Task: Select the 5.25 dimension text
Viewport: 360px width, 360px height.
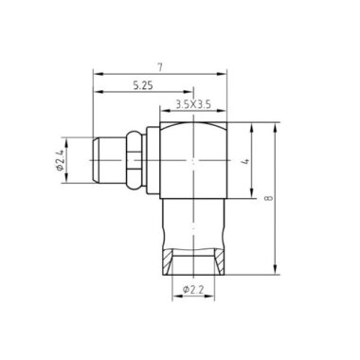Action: point(142,86)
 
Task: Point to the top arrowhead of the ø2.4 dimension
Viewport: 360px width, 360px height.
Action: point(75,141)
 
